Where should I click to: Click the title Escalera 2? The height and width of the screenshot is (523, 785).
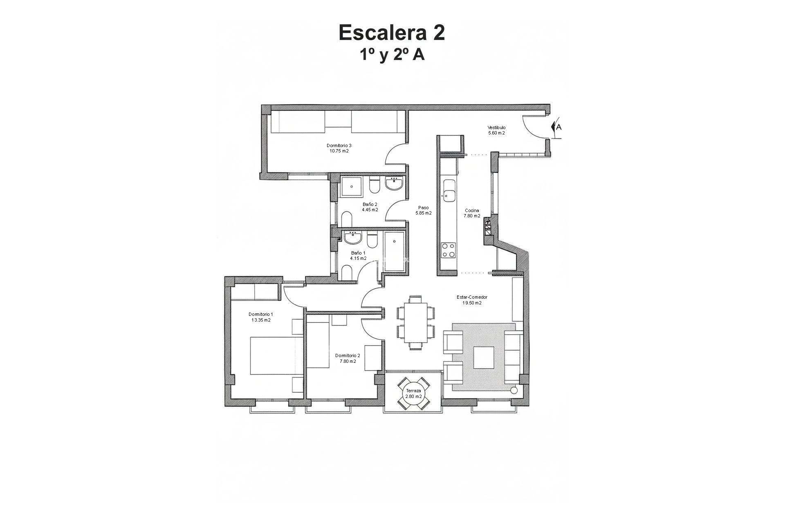click(392, 33)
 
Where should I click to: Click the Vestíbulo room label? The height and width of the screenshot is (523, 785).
click(496, 130)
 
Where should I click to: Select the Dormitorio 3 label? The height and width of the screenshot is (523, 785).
click(339, 148)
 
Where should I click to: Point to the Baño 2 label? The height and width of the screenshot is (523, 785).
click(370, 207)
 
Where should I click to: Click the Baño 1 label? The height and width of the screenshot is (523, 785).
click(358, 255)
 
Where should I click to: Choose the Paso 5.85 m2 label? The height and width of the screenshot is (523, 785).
click(423, 210)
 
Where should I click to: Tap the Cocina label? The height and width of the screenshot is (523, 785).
click(472, 213)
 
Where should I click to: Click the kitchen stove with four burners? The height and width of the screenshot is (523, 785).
click(448, 250)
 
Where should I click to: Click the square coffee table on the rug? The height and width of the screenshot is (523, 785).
click(484, 357)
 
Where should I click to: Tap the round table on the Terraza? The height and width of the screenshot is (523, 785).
click(413, 393)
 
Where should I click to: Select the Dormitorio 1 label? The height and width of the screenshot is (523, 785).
click(261, 317)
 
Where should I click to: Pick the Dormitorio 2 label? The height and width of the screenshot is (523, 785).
click(348, 358)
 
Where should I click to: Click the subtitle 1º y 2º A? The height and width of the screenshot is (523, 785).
click(392, 55)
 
